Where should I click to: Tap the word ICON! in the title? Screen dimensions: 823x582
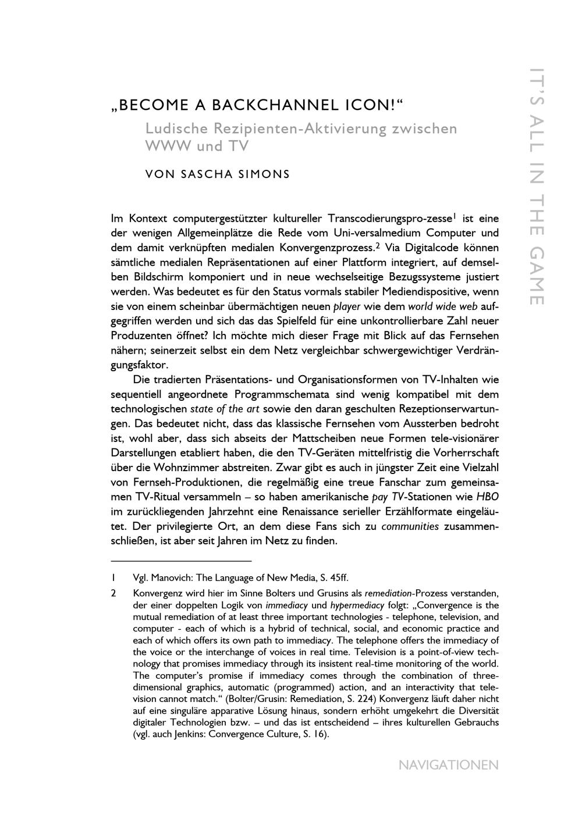[370, 105]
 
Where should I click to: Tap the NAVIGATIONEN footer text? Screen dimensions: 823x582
[448, 765]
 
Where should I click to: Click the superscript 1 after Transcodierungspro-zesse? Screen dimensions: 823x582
[454, 216]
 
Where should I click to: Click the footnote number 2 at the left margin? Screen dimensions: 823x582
[114, 594]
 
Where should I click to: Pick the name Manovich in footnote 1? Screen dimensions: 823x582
[171, 578]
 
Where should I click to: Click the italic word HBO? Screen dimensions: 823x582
[487, 497]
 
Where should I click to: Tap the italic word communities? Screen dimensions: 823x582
[410, 526]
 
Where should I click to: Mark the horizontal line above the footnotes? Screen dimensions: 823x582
[181, 561]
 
